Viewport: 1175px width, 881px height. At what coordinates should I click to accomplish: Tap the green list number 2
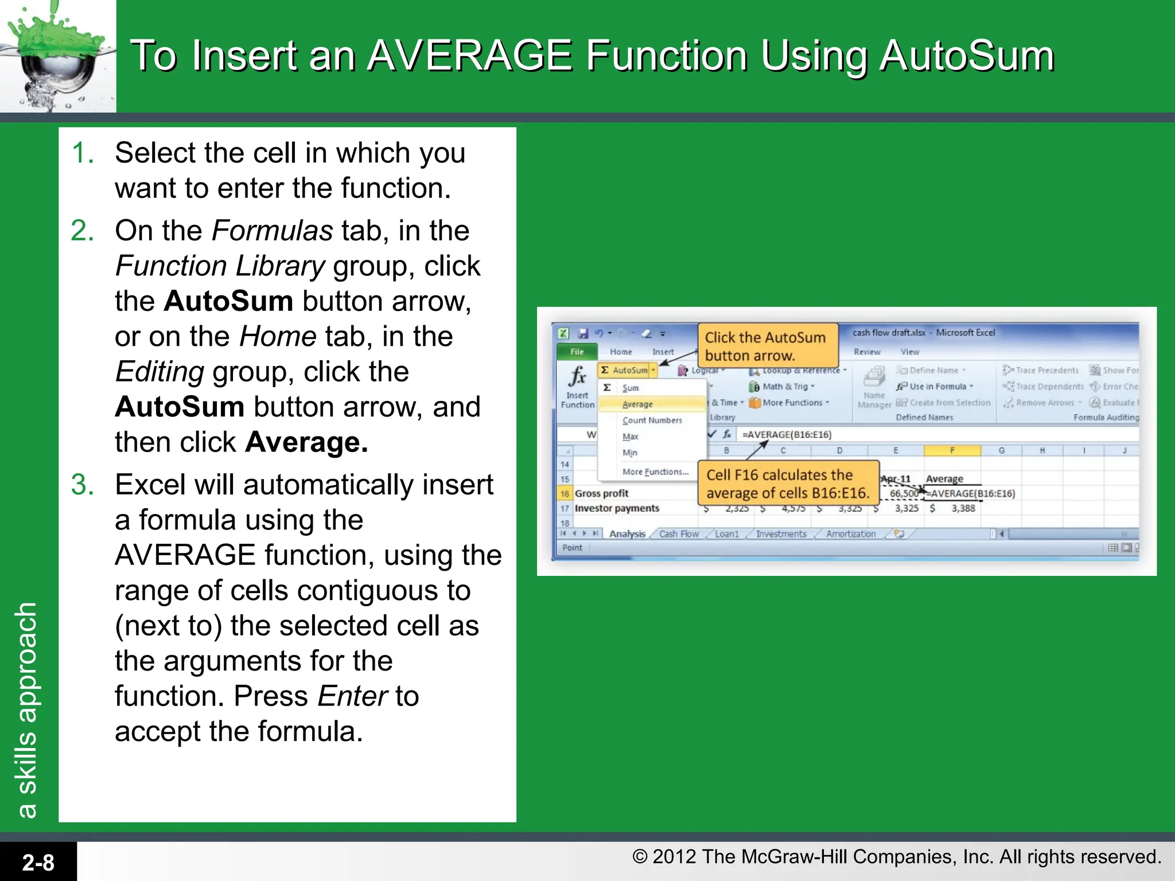click(82, 231)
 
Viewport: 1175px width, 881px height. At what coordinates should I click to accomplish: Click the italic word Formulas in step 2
click(272, 231)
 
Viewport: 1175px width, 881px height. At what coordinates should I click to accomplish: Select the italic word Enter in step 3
click(353, 696)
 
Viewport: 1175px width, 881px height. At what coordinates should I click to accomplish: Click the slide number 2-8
click(38, 862)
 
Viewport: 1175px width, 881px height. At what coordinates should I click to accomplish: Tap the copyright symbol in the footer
click(640, 857)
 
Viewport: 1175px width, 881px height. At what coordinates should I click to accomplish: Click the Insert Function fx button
click(577, 386)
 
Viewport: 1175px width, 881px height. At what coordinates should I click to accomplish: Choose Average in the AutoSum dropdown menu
click(637, 404)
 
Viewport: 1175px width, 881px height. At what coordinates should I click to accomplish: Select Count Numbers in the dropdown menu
click(652, 420)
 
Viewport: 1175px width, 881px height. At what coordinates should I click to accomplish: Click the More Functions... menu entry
click(655, 471)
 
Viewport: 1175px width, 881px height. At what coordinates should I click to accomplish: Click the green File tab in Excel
click(577, 352)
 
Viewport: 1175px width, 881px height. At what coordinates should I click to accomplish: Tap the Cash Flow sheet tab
click(679, 534)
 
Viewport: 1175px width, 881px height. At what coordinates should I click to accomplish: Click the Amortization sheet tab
click(850, 534)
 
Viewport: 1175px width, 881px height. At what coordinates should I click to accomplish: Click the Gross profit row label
click(601, 493)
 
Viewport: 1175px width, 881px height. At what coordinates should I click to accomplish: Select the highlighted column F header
click(952, 450)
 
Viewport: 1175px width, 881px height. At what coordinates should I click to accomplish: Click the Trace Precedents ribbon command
click(1046, 371)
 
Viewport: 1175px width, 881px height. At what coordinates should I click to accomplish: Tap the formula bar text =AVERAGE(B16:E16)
click(787, 435)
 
